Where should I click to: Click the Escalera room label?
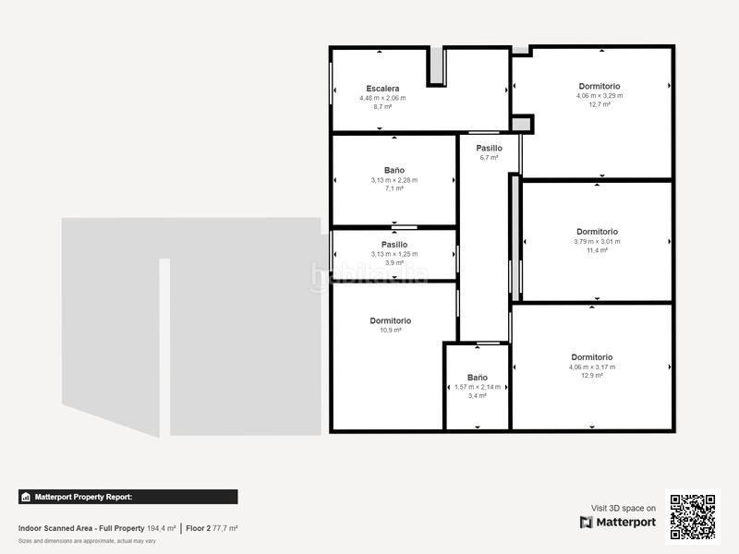(382, 89)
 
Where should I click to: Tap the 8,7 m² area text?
(382, 107)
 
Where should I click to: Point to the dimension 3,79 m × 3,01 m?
(597, 241)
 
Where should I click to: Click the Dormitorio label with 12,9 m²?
(592, 357)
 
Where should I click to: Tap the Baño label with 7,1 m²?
(394, 170)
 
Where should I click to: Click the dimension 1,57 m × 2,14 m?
(478, 387)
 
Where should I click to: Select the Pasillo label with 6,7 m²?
(490, 148)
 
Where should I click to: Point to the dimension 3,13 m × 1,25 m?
(394, 254)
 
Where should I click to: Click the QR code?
(693, 516)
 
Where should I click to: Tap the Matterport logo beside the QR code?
(618, 523)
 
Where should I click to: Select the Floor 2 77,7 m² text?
(212, 528)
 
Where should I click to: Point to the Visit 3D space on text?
(624, 508)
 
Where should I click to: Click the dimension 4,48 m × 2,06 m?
(382, 98)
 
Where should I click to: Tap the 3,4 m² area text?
(478, 396)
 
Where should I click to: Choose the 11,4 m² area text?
(597, 250)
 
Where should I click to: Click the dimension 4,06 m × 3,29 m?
(600, 95)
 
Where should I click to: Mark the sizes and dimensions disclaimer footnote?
(88, 540)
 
